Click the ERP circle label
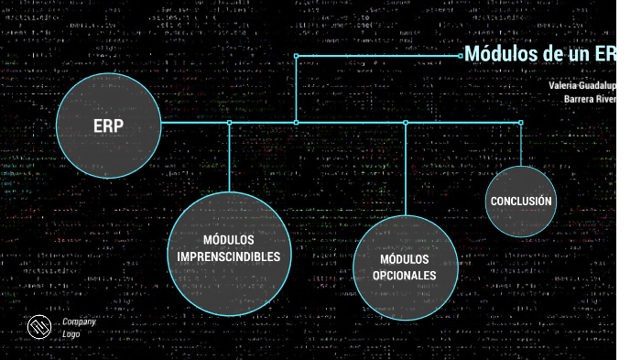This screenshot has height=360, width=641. pos(108,126)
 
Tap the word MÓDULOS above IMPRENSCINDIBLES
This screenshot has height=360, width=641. pos(228,239)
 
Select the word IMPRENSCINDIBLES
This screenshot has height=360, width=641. pos(228,256)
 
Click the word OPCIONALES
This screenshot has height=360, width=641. pos(404,275)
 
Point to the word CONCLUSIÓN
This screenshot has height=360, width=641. pos(520,202)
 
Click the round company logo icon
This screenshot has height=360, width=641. pos(38,328)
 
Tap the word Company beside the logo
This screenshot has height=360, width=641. pos(79,322)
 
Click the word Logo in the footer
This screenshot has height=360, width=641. pos(71,334)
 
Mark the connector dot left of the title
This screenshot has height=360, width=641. pos(461,55)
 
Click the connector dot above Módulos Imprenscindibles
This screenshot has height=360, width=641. pos(229,122)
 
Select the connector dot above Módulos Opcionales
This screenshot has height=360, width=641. pos(406,122)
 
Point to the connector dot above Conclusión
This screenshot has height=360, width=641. pos(521,122)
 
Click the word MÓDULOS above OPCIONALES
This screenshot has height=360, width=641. pos(404,258)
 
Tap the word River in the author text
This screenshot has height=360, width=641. pos(607,99)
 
